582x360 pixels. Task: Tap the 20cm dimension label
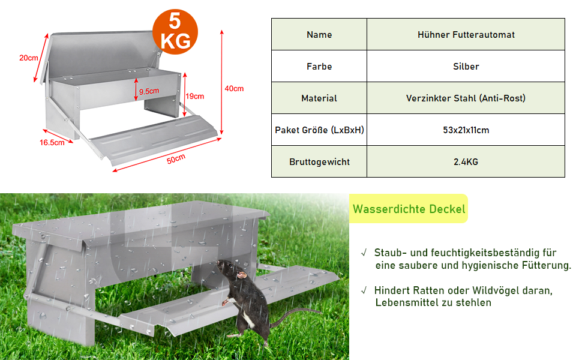(29, 58)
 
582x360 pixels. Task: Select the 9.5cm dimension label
(148, 91)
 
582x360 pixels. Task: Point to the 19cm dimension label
(195, 96)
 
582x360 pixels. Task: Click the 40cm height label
(234, 88)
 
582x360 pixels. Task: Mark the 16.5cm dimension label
(52, 143)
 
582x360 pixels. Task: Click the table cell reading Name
(319, 35)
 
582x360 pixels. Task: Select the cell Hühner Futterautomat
(466, 35)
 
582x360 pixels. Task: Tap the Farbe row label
(319, 67)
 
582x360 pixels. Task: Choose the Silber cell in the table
(466, 67)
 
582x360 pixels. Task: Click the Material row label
(319, 98)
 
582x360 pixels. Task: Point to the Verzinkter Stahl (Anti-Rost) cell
(466, 98)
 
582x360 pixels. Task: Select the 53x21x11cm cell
(466, 130)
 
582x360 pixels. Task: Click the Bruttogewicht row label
(319, 162)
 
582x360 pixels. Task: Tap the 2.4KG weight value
(466, 162)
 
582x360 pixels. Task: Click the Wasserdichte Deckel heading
(409, 209)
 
